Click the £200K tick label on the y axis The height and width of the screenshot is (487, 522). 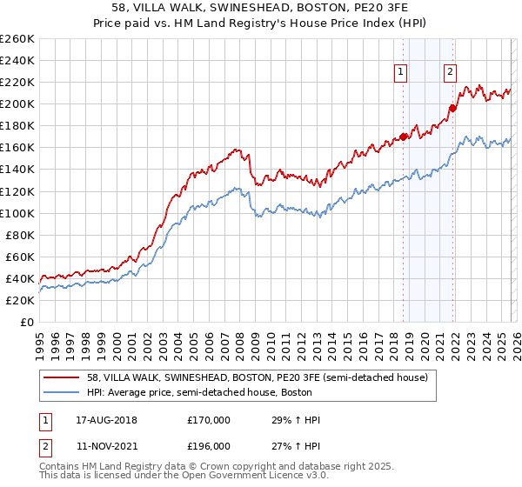click(17, 103)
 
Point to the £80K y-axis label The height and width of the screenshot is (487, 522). click(19, 235)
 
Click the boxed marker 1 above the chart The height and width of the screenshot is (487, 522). click(401, 73)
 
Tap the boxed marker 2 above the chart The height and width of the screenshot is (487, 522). click(451, 73)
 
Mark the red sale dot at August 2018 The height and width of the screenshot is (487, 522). click(404, 136)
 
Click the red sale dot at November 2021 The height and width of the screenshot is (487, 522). click(453, 108)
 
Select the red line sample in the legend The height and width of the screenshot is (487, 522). click(63, 378)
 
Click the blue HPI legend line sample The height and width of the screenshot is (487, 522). click(63, 393)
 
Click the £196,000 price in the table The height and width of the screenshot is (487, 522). click(209, 444)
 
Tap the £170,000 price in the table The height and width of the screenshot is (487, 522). click(209, 420)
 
